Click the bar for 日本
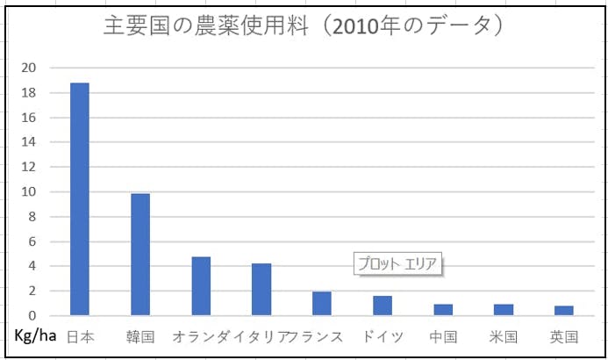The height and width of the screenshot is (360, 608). (x=80, y=199)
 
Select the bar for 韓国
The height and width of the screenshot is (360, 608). (x=140, y=254)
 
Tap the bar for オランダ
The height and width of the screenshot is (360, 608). (x=201, y=285)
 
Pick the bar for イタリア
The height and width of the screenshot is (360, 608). (x=261, y=289)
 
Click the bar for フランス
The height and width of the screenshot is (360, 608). (x=322, y=303)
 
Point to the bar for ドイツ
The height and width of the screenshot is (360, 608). (x=383, y=306)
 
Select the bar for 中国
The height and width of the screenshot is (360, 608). (x=443, y=310)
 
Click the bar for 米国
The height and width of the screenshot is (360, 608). (x=504, y=310)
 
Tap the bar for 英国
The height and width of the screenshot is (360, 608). (x=564, y=311)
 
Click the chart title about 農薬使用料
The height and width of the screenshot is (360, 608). (x=303, y=26)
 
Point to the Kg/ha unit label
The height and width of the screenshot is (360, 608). (x=37, y=336)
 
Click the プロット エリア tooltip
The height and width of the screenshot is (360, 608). (x=397, y=263)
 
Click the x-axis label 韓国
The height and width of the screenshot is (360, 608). (x=140, y=336)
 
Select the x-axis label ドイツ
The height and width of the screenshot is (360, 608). (x=383, y=336)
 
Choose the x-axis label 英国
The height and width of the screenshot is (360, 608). (x=564, y=336)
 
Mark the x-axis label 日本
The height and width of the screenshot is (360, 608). (x=80, y=336)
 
